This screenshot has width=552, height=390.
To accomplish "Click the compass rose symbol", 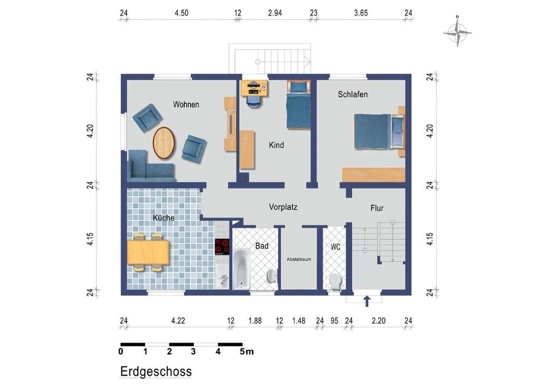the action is [x=457, y=32].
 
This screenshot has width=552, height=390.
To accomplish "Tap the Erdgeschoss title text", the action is [x=156, y=371].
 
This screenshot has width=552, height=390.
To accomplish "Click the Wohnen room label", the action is [x=186, y=105].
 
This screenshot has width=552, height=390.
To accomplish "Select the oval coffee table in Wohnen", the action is [x=164, y=143].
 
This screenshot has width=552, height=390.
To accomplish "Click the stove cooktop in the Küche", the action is [x=222, y=247].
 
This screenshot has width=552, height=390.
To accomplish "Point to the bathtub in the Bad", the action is [x=241, y=269].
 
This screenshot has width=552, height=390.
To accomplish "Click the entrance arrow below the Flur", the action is [x=367, y=301].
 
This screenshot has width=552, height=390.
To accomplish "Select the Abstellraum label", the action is [x=299, y=259].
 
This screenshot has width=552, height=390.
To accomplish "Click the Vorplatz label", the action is [x=283, y=207].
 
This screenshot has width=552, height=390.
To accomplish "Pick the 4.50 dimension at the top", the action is [x=182, y=13].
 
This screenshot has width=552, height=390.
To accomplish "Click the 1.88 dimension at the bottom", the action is [x=255, y=321].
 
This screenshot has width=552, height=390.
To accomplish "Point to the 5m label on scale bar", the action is [x=246, y=351].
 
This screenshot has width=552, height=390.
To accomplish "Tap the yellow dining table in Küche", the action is [x=148, y=252].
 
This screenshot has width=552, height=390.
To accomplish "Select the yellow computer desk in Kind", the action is [x=254, y=88].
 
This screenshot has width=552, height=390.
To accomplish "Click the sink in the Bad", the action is [x=272, y=276].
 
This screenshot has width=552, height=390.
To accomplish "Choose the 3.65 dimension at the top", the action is [x=361, y=13].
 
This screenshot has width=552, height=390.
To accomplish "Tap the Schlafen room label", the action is [x=353, y=94].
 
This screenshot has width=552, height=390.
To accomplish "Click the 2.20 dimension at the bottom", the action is [x=378, y=321].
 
